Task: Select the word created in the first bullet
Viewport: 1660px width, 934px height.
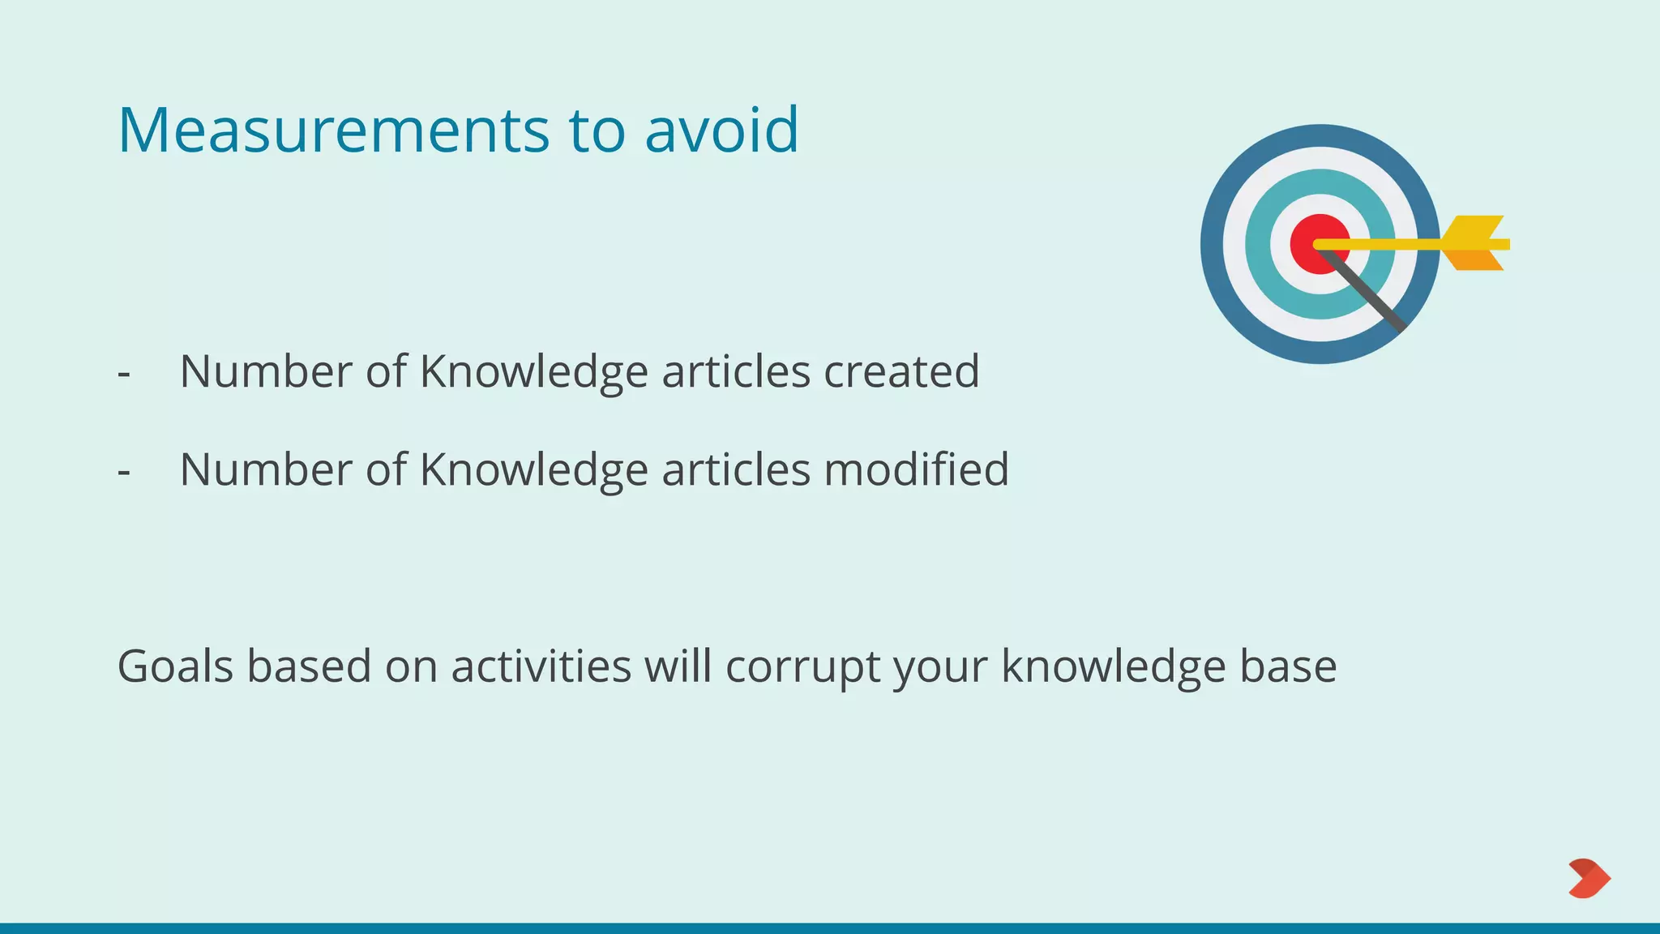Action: (x=901, y=371)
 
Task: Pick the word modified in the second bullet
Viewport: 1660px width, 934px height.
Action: (x=916, y=469)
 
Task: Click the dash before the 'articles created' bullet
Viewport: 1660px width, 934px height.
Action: (x=124, y=374)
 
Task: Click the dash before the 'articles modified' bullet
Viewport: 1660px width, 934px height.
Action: (x=124, y=472)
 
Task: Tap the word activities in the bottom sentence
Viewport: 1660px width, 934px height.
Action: (x=541, y=666)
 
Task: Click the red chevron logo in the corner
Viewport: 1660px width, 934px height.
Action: (x=1589, y=878)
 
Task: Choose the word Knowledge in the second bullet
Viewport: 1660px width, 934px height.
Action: (x=533, y=469)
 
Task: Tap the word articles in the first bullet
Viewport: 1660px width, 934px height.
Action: (x=736, y=371)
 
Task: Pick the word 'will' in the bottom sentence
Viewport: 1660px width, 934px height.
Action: (x=678, y=666)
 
